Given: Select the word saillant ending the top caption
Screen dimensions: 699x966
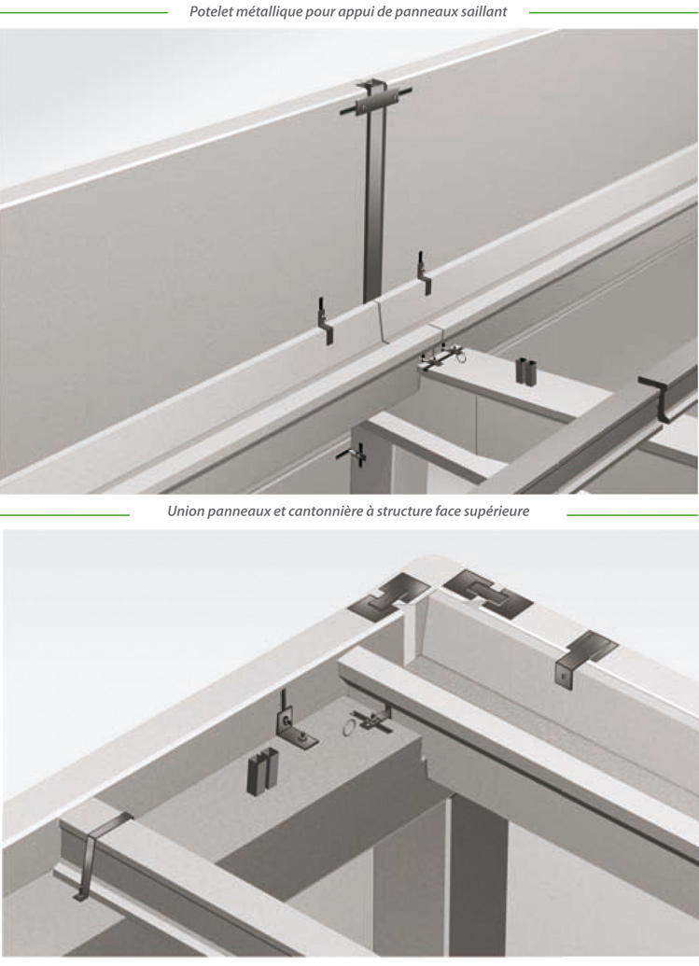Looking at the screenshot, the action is (x=483, y=12).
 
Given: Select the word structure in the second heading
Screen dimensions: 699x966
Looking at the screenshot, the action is (x=405, y=511).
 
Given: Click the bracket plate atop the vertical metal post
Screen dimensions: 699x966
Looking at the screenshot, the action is (x=375, y=97).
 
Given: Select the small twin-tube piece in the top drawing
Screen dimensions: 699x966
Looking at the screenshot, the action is (x=525, y=371).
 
